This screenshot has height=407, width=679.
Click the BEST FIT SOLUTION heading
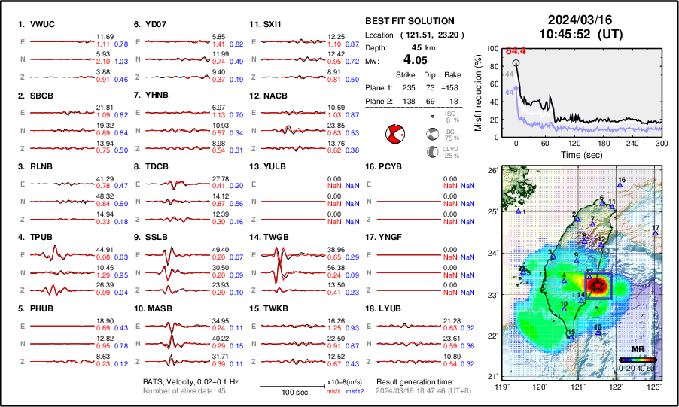[409, 21]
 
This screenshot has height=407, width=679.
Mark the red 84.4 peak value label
[515, 51]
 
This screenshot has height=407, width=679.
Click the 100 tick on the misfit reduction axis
[494, 49]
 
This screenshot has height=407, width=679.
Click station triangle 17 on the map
[656, 234]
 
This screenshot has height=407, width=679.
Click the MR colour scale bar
[638, 360]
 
